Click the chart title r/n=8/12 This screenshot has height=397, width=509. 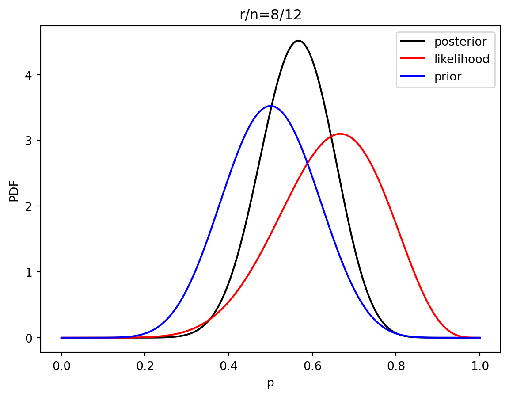(270, 15)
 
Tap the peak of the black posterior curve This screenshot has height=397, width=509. (298, 41)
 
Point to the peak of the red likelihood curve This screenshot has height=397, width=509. (340, 134)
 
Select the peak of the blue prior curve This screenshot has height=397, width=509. (270, 106)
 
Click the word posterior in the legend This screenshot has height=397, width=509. (460, 42)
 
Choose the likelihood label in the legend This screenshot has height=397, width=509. (462, 59)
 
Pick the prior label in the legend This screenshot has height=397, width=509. (448, 76)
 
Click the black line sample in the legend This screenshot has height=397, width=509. (413, 42)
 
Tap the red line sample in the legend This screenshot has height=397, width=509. (413, 59)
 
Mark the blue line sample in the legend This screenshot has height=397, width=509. (413, 76)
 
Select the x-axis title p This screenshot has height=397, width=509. (270, 383)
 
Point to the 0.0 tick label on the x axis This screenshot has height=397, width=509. (61, 366)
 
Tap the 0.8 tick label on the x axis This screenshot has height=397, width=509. (396, 366)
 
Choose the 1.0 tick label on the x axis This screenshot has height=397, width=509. (480, 366)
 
